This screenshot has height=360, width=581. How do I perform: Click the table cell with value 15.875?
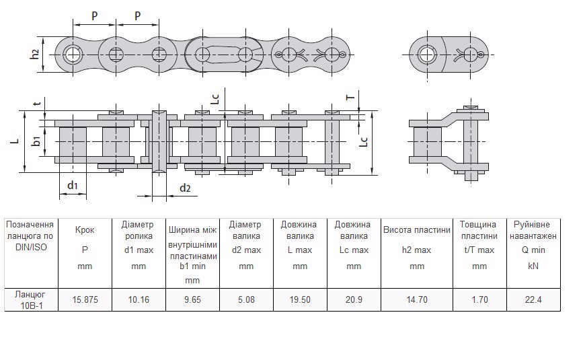coord(85,300)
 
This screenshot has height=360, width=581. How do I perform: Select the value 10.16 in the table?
coord(138,300)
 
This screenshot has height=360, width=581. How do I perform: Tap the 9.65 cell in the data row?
coord(192,300)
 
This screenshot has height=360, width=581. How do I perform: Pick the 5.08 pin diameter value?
coord(246,300)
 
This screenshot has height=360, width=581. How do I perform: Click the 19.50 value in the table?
coord(299,300)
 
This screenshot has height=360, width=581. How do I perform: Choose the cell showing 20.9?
coord(353,300)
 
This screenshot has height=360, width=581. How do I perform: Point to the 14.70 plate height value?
coord(417,300)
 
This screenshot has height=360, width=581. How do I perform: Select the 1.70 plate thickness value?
coord(479,300)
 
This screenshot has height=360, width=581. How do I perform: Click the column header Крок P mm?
coord(85,248)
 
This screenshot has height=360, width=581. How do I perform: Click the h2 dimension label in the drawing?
coord(35,55)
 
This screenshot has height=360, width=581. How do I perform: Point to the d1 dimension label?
coord(73,185)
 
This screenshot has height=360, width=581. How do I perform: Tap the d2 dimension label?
coord(184,188)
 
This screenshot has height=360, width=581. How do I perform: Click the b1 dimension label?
coord(36,141)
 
